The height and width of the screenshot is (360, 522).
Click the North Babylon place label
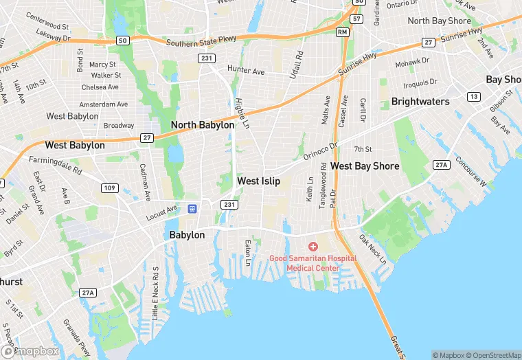tap(202, 125)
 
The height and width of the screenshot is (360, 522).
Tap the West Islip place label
tap(258, 181)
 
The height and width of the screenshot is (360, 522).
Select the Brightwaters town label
tap(420, 102)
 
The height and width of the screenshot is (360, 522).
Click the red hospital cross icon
tap(313, 246)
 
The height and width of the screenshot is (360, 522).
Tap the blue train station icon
tap(193, 208)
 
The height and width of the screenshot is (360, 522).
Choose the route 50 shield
tap(122, 41)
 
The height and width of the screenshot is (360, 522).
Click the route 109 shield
tap(108, 188)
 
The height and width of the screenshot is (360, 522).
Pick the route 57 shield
tap(356, 19)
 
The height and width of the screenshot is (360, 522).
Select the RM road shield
tap(342, 32)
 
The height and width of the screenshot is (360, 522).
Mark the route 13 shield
tap(473, 97)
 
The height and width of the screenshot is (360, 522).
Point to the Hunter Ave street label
tap(246, 71)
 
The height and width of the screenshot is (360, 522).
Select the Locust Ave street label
tap(161, 212)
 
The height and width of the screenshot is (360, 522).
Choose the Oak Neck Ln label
tap(373, 250)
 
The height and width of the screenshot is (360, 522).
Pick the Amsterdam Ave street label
tap(103, 104)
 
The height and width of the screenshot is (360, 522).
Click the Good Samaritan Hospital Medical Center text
tap(313, 262)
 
